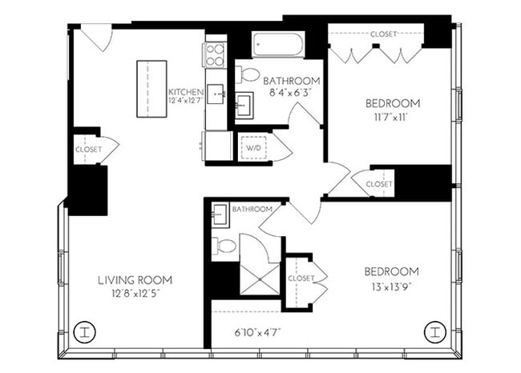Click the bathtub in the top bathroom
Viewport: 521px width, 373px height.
[x=278, y=45]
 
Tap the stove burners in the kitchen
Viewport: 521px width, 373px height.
[x=216, y=54]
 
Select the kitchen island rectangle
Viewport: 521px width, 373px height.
[x=151, y=89]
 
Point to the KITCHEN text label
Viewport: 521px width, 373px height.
[x=185, y=92]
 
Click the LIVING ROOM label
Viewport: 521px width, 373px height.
[x=135, y=279]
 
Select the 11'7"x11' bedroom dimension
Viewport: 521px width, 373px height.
[x=392, y=117]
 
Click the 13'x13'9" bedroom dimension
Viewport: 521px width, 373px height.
[x=392, y=286]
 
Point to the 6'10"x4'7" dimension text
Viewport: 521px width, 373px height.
[x=258, y=331]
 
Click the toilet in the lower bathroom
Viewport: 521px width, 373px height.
[x=224, y=246]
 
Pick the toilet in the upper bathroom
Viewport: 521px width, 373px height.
[x=249, y=75]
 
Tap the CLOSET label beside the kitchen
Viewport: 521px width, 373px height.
[x=87, y=149]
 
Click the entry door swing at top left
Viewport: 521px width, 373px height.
[x=96, y=37]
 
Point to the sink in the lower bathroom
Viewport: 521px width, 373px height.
[x=220, y=215]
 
